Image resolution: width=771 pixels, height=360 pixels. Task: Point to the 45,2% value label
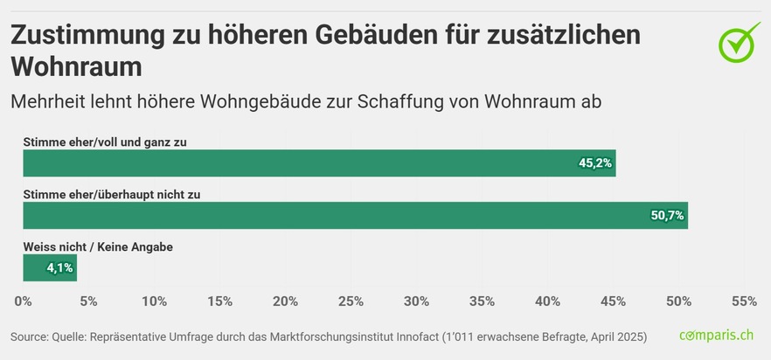[x=595, y=163]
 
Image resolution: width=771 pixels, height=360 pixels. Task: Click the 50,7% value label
[x=667, y=216]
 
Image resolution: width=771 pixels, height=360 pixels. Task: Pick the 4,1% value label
[x=59, y=268]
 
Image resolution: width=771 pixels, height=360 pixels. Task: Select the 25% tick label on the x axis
[x=351, y=301]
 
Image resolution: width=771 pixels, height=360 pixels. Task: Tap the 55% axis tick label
[x=743, y=301]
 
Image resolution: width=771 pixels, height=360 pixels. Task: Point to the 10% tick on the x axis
[x=154, y=301]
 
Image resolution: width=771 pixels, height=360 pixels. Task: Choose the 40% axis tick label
[x=547, y=301]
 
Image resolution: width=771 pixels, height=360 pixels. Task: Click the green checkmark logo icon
[x=740, y=42]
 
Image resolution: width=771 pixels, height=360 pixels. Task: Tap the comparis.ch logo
[x=716, y=336]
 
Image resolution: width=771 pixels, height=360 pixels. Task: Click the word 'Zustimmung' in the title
[x=96, y=35]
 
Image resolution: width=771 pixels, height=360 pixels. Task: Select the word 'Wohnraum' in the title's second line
[x=76, y=66]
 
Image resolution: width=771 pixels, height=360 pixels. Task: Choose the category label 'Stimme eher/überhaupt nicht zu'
[x=112, y=195]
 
